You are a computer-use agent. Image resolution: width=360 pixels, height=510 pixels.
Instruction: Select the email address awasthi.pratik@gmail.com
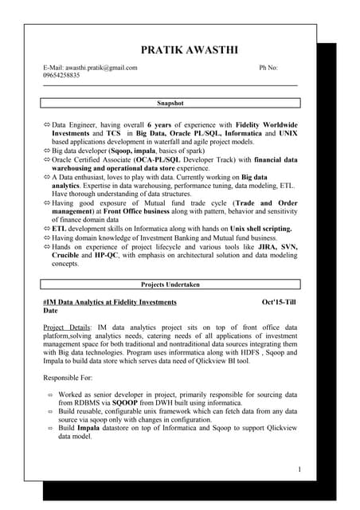[101, 69]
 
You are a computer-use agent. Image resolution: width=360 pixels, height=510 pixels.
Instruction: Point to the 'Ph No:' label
[268, 69]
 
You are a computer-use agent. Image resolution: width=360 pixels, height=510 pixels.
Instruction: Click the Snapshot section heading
[170, 104]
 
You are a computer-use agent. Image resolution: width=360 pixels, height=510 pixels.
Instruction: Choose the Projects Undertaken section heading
[170, 284]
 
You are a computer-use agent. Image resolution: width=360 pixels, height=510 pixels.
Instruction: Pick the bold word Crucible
[66, 256]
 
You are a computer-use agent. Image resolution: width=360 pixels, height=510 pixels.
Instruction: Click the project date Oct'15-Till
[279, 303]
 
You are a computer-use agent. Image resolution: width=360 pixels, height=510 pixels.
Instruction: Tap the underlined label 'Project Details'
[66, 328]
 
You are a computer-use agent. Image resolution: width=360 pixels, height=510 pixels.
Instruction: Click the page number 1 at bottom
[299, 469]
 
